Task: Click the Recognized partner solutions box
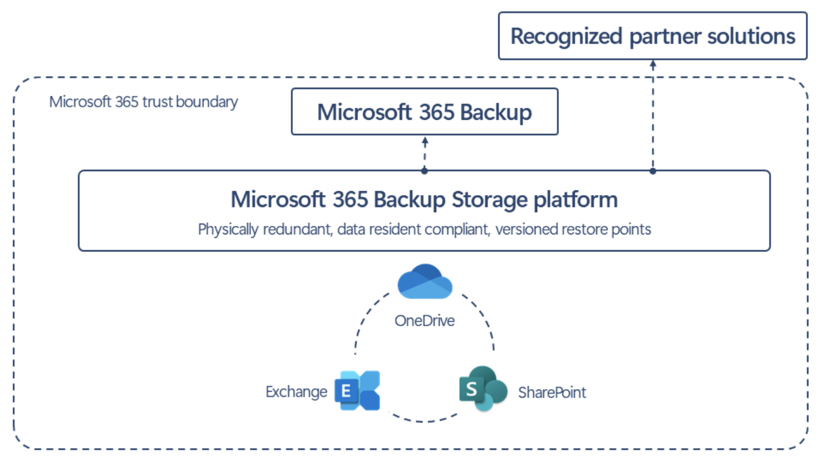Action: pos(652,36)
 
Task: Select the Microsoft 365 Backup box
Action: pos(424,111)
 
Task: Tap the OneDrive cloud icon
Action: pos(425,282)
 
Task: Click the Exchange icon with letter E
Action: pos(357,391)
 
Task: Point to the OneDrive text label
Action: pos(424,321)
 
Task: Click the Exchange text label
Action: pos(296,392)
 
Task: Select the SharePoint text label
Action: pos(551,392)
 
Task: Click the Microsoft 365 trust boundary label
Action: pos(143,102)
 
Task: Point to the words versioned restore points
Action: pos(573,230)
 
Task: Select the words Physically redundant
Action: pos(265,230)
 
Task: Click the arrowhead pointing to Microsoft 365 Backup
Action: pos(424,140)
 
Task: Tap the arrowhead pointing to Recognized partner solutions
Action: pos(653,64)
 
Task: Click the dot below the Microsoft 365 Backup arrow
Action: pos(424,171)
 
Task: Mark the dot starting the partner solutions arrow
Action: pos(653,171)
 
